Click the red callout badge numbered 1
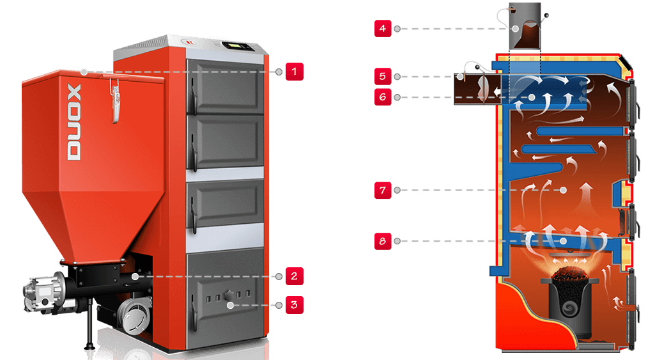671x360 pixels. [295, 72]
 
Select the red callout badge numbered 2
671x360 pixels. [295, 276]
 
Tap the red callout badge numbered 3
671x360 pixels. [295, 305]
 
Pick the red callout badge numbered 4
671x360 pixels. [383, 28]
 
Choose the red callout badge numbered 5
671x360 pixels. [383, 76]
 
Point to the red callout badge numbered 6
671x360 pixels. [383, 97]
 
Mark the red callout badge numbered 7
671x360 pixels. [383, 190]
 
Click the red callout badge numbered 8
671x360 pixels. [383, 241]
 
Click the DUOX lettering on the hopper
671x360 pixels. [74, 122]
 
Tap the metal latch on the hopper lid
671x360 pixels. [114, 100]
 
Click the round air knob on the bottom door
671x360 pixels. [229, 295]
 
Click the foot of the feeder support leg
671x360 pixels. [89, 346]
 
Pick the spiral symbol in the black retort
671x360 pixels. [569, 307]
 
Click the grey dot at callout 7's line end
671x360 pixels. [563, 190]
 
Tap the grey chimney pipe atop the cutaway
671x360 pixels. [525, 26]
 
